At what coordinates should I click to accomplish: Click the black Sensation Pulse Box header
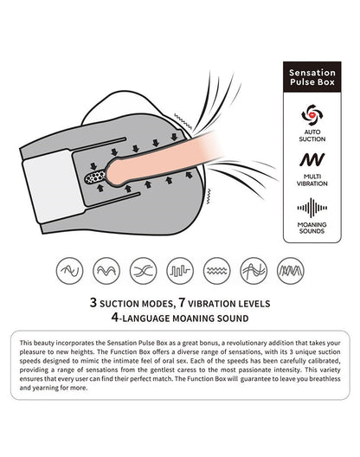(312, 77)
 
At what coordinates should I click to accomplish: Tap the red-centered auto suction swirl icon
(312, 115)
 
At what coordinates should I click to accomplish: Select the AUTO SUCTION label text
(312, 136)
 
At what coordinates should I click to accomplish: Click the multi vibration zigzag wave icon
(312, 159)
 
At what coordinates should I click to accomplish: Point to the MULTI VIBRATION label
(312, 180)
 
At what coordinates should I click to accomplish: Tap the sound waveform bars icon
(312, 208)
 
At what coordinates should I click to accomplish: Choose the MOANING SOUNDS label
(312, 228)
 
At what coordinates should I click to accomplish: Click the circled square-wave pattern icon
(180, 271)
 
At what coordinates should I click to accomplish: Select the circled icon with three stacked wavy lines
(216, 271)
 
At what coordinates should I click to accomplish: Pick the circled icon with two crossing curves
(143, 271)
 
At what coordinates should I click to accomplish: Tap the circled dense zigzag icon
(290, 271)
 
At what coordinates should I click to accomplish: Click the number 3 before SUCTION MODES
(93, 303)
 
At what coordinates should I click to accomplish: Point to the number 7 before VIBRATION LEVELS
(183, 303)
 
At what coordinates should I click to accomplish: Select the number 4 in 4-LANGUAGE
(115, 318)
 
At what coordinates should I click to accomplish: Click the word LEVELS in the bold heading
(254, 304)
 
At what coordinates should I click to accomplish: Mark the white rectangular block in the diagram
(54, 186)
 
